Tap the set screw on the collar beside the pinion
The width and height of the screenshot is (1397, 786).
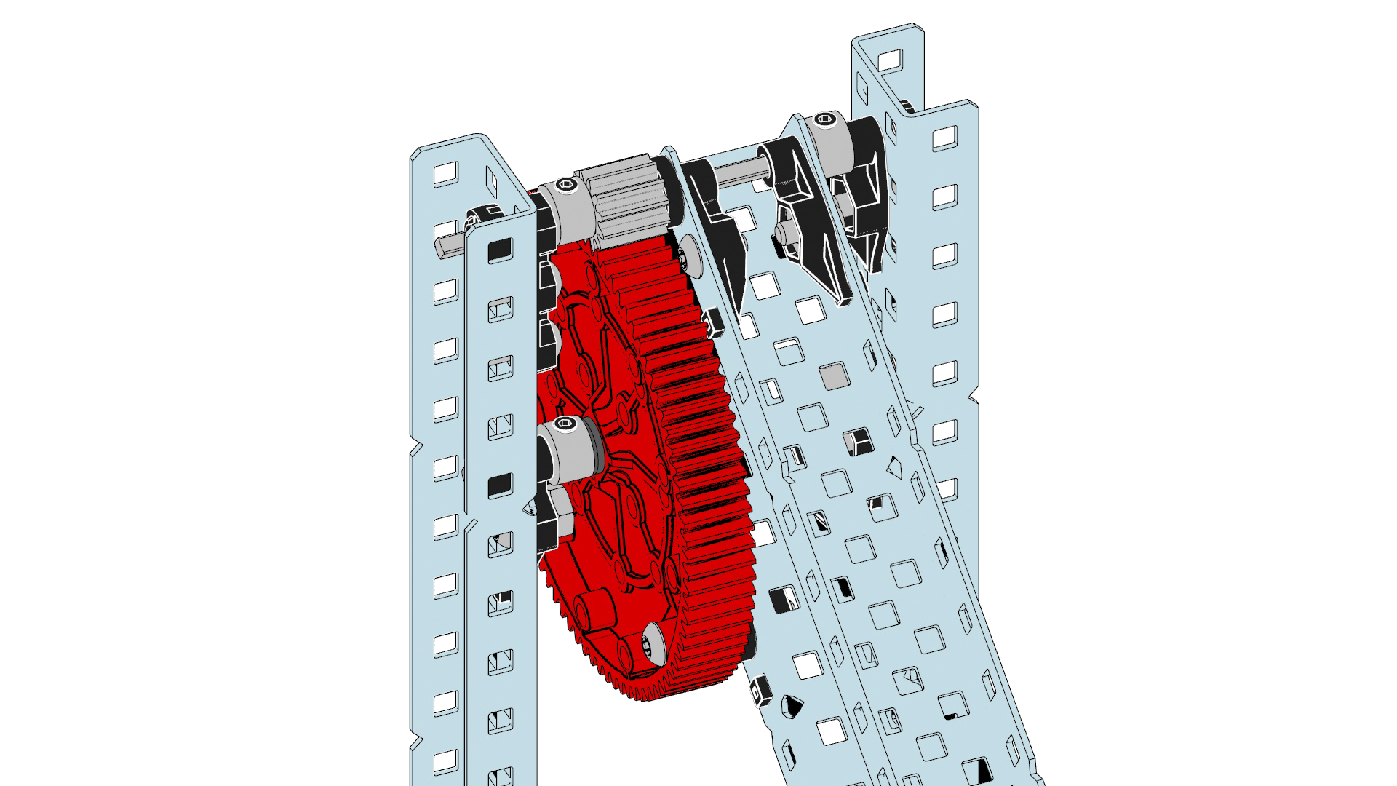(567, 188)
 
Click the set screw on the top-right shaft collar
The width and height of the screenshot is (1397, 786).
(824, 119)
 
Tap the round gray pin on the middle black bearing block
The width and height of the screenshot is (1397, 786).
(783, 232)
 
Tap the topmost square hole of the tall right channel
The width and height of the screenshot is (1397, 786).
(888, 60)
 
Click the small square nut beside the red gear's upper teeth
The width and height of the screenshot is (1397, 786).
(712, 320)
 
